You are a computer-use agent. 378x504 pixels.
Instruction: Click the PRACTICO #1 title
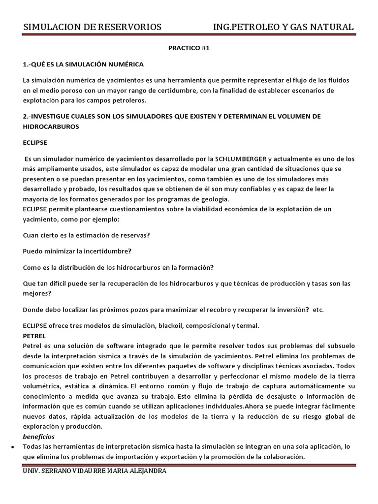(189, 50)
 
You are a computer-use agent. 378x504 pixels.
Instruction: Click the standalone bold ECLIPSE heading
(34, 143)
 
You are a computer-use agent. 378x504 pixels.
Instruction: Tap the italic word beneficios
(39, 436)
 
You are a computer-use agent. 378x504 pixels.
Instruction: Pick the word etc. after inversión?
(318, 310)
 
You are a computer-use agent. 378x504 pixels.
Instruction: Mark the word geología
(213, 199)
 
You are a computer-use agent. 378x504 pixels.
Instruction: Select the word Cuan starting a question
(31, 235)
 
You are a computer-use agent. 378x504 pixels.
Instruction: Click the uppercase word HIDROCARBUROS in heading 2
(51, 126)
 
